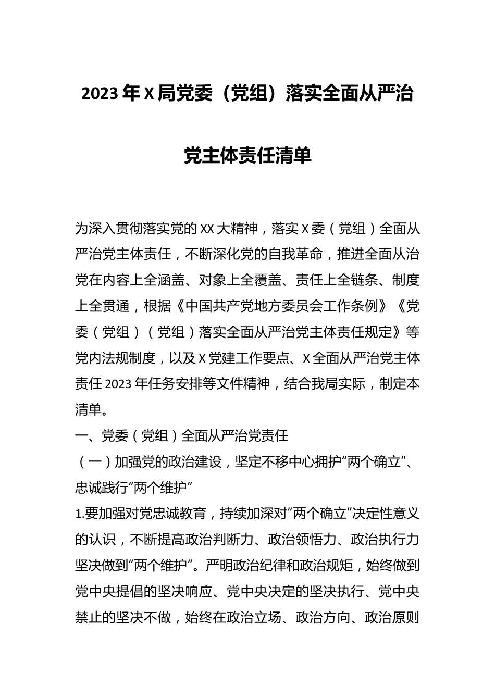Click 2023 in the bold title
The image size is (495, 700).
point(100,94)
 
